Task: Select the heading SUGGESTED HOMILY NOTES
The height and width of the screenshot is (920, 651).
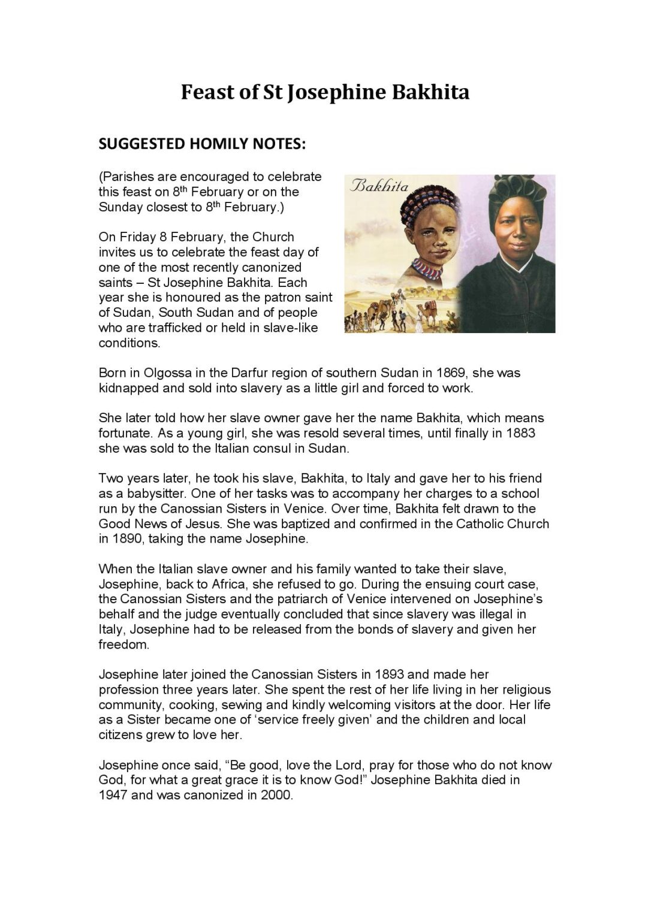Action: point(202,144)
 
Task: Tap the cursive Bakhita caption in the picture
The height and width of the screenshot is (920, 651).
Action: point(379,186)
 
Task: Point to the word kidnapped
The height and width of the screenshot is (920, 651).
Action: point(129,388)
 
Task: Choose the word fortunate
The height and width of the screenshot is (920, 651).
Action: point(125,433)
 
